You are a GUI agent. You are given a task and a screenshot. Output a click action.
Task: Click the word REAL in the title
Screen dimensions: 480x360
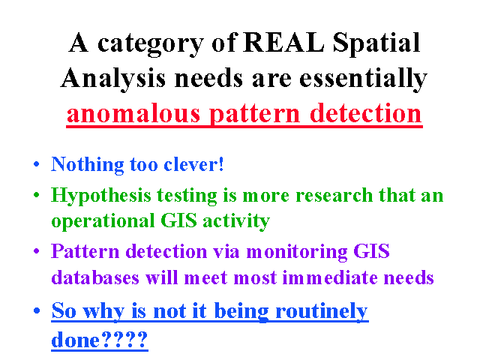283,42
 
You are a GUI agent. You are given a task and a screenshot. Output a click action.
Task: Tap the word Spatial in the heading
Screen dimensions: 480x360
376,44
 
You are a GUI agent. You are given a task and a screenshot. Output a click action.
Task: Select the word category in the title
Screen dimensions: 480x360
151,45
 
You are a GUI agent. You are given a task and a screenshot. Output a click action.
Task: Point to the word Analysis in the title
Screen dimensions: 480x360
113,79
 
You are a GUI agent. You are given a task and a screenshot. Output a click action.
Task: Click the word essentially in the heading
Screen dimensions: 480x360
363,79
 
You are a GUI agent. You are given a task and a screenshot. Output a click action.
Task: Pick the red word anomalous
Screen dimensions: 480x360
133,114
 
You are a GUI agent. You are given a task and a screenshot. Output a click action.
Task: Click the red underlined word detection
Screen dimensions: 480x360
366,112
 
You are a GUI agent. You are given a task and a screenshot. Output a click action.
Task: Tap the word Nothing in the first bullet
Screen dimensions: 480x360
88,165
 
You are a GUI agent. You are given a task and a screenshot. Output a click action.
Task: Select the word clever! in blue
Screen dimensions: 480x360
193,164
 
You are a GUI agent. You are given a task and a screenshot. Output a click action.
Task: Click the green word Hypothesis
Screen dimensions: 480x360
101,196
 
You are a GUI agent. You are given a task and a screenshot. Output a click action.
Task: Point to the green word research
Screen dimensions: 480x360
334,195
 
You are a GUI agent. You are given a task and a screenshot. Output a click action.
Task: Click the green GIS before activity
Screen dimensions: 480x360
178,220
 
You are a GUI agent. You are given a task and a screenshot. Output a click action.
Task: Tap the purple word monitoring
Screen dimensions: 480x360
297,253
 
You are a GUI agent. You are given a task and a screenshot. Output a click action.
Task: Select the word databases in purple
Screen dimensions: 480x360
95,277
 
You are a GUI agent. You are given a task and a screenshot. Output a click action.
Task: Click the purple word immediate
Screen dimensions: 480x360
330,277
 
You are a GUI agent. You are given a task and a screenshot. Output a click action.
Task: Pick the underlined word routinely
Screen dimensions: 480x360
322,312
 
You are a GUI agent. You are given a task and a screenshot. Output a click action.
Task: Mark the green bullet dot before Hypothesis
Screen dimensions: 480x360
37,195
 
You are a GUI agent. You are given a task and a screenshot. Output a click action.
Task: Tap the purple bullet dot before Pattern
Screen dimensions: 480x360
37,251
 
